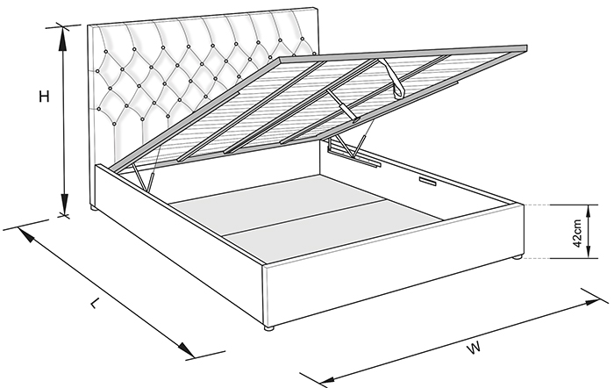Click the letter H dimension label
(44, 97)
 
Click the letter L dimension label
(94, 303)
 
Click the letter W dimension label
(475, 348)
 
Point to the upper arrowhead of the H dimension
(62, 38)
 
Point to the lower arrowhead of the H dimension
(65, 203)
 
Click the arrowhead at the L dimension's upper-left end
(25, 234)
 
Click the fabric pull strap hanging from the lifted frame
(395, 77)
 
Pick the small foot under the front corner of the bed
(268, 327)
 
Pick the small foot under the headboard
(94, 208)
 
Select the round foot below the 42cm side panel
(517, 257)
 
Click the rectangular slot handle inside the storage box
(429, 181)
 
